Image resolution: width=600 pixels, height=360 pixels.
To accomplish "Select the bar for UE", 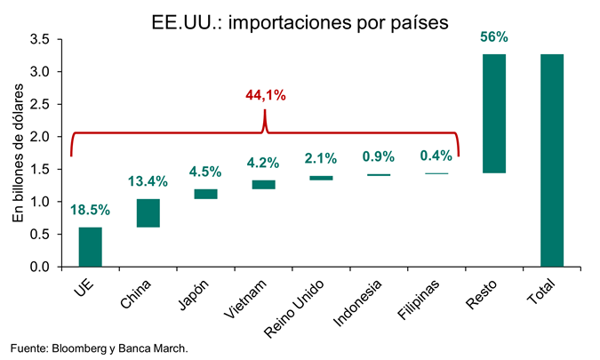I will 90,247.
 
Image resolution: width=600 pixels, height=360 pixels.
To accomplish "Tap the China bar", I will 148,213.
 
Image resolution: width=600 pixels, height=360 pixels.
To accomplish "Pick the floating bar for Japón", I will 205,194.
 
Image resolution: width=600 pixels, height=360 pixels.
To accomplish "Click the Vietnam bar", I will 263,185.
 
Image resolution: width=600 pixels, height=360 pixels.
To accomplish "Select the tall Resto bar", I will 493,114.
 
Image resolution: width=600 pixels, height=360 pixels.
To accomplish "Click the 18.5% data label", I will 90,211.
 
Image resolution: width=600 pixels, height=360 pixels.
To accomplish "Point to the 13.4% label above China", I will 148,182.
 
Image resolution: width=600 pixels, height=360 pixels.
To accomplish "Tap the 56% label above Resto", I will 493,37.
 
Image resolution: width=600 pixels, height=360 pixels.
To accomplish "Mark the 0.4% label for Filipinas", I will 436,156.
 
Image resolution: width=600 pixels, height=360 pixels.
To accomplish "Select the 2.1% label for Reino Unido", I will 321,159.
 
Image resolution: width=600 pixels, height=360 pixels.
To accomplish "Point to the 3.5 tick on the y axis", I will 39,39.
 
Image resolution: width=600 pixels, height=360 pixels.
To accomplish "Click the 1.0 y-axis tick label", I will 39,202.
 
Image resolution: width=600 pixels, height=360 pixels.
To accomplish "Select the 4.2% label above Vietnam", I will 263,164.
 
